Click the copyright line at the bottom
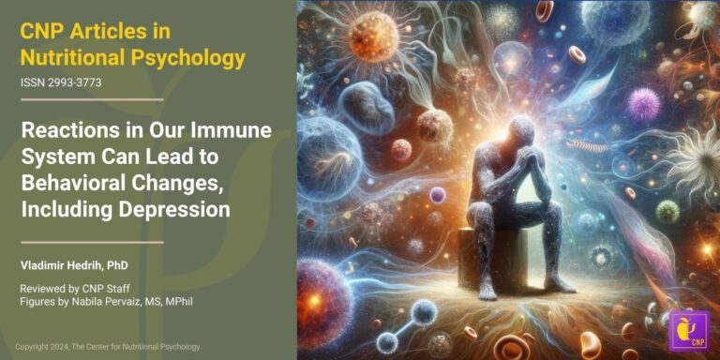107,347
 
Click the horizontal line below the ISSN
91,99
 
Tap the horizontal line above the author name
91,242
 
